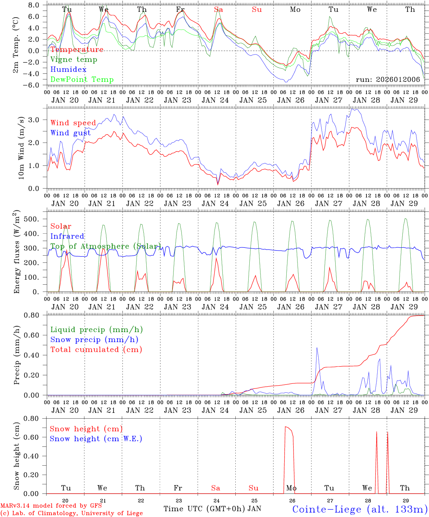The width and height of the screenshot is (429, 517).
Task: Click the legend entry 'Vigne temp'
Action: click(x=74, y=60)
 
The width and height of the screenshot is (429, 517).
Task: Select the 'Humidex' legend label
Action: click(x=68, y=70)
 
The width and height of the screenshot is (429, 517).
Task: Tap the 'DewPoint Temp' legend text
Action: click(x=82, y=80)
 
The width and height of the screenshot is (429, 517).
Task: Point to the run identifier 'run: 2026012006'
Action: click(x=388, y=79)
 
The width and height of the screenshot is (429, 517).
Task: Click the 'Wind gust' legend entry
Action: click(x=70, y=133)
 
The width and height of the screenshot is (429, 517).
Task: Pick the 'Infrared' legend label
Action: click(x=67, y=236)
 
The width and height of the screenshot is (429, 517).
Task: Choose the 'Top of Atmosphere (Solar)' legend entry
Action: click(x=105, y=246)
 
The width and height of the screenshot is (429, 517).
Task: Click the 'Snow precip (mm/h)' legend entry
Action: click(x=94, y=340)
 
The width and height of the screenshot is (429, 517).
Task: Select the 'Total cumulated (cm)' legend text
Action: click(x=96, y=350)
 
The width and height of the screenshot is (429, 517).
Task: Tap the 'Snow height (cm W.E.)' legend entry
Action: click(x=96, y=439)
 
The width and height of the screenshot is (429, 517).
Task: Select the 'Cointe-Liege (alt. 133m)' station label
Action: click(x=360, y=509)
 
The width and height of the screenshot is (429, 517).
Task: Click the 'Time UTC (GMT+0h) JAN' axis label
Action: click(x=212, y=509)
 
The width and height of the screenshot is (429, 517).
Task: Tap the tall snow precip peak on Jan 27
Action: click(x=317, y=348)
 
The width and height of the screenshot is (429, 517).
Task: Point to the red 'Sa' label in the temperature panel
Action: click(x=218, y=10)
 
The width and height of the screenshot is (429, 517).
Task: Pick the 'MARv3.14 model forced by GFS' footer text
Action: click(x=51, y=506)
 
